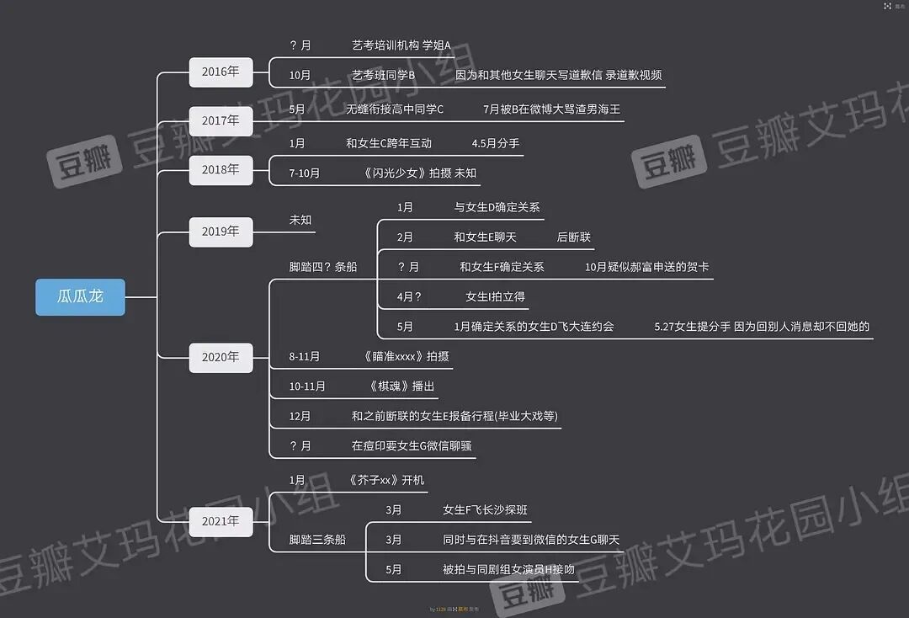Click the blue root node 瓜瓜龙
click(80, 297)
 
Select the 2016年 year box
click(221, 72)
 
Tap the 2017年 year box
click(221, 120)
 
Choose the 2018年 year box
click(221, 169)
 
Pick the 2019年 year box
click(221, 231)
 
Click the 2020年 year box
click(221, 357)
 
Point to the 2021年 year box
click(221, 521)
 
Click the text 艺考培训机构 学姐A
click(401, 45)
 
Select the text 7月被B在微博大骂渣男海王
click(551, 109)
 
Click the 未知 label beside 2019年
click(300, 220)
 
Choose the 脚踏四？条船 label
click(323, 267)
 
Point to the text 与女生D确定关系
click(497, 207)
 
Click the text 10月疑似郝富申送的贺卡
click(646, 267)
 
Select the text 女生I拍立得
click(496, 296)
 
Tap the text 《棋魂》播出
click(401, 386)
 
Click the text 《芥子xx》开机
click(385, 480)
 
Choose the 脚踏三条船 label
click(317, 540)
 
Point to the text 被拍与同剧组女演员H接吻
click(508, 569)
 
